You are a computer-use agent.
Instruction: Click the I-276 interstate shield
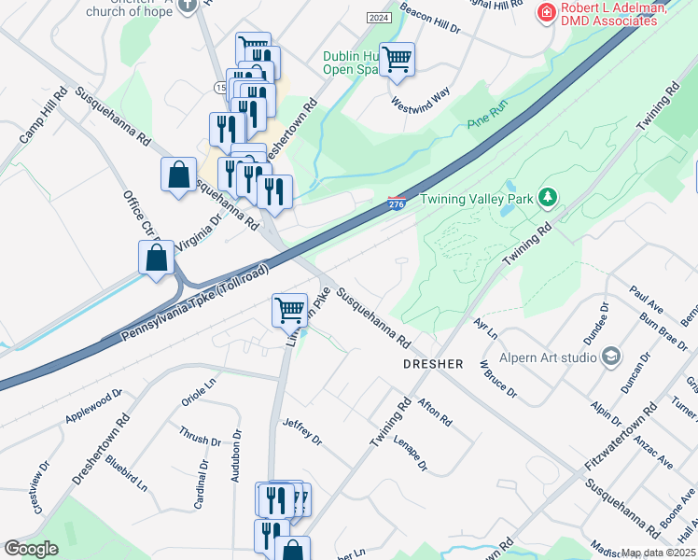[x=398, y=203]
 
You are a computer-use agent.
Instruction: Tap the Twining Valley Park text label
[x=477, y=198]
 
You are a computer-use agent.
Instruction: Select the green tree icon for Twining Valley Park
[x=549, y=198]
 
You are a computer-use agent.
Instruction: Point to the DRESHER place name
[x=432, y=362]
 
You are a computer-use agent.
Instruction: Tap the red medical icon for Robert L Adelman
[x=545, y=12]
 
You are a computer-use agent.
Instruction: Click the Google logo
[x=31, y=549]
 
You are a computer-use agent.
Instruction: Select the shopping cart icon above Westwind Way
[x=398, y=59]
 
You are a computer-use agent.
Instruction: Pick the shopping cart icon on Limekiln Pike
[x=289, y=310]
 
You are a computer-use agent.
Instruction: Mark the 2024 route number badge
[x=378, y=18]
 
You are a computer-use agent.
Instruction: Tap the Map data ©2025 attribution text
[x=659, y=553]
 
